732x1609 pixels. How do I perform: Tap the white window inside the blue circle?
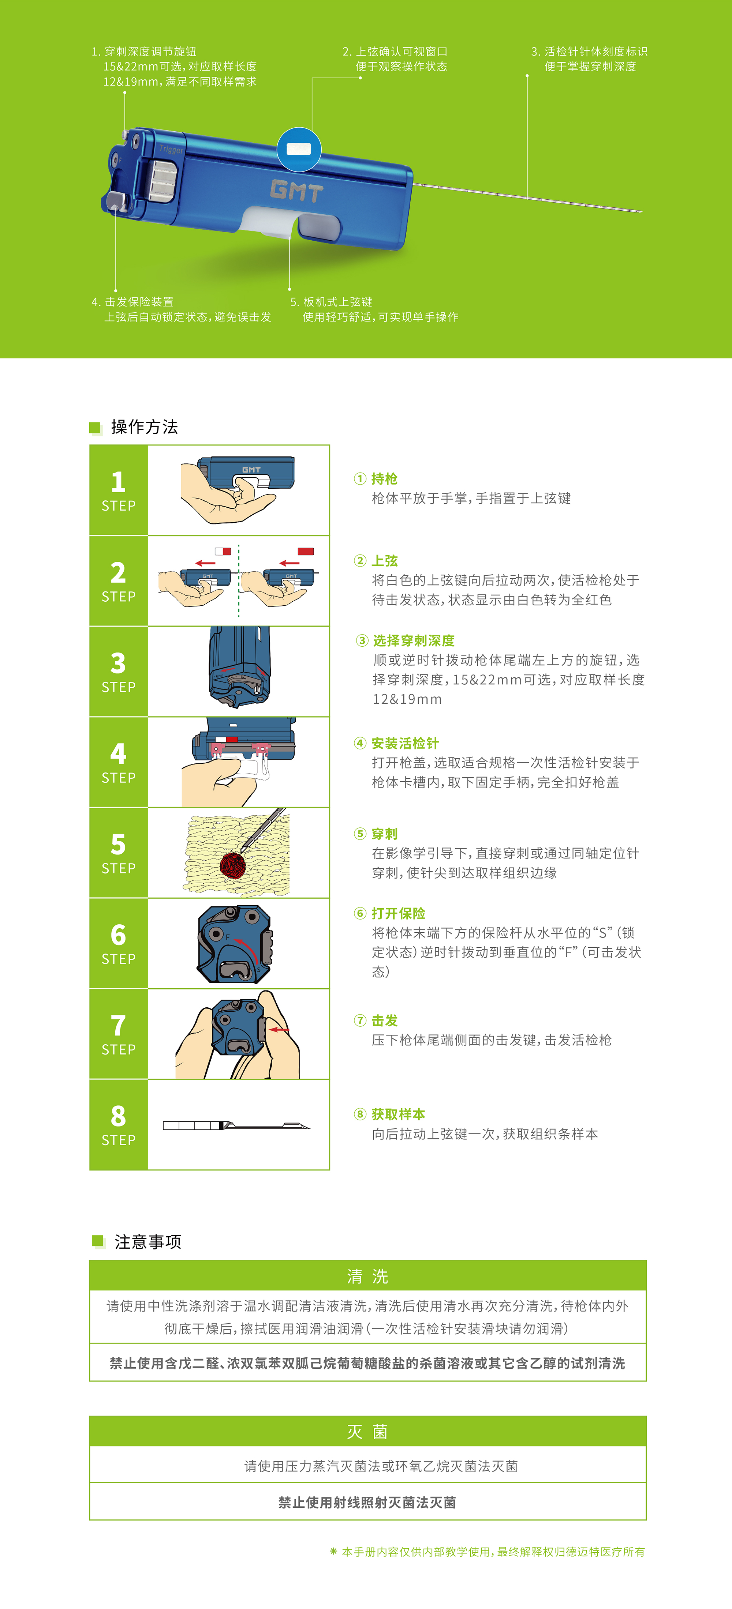pos(299,149)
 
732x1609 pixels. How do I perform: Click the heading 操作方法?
pos(145,426)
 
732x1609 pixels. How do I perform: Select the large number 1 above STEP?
pos(118,482)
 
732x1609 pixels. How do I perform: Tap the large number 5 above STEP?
pos(118,845)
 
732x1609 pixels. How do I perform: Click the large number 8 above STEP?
pos(118,1116)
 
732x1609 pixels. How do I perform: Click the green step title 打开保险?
pos(398,913)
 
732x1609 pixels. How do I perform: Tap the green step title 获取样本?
pos(398,1114)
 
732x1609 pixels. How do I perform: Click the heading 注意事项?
pos(148,1242)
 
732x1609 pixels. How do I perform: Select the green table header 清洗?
pos(367,1276)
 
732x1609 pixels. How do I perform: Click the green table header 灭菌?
pos(367,1432)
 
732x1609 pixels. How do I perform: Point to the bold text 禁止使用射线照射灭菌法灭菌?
pos(367,1502)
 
